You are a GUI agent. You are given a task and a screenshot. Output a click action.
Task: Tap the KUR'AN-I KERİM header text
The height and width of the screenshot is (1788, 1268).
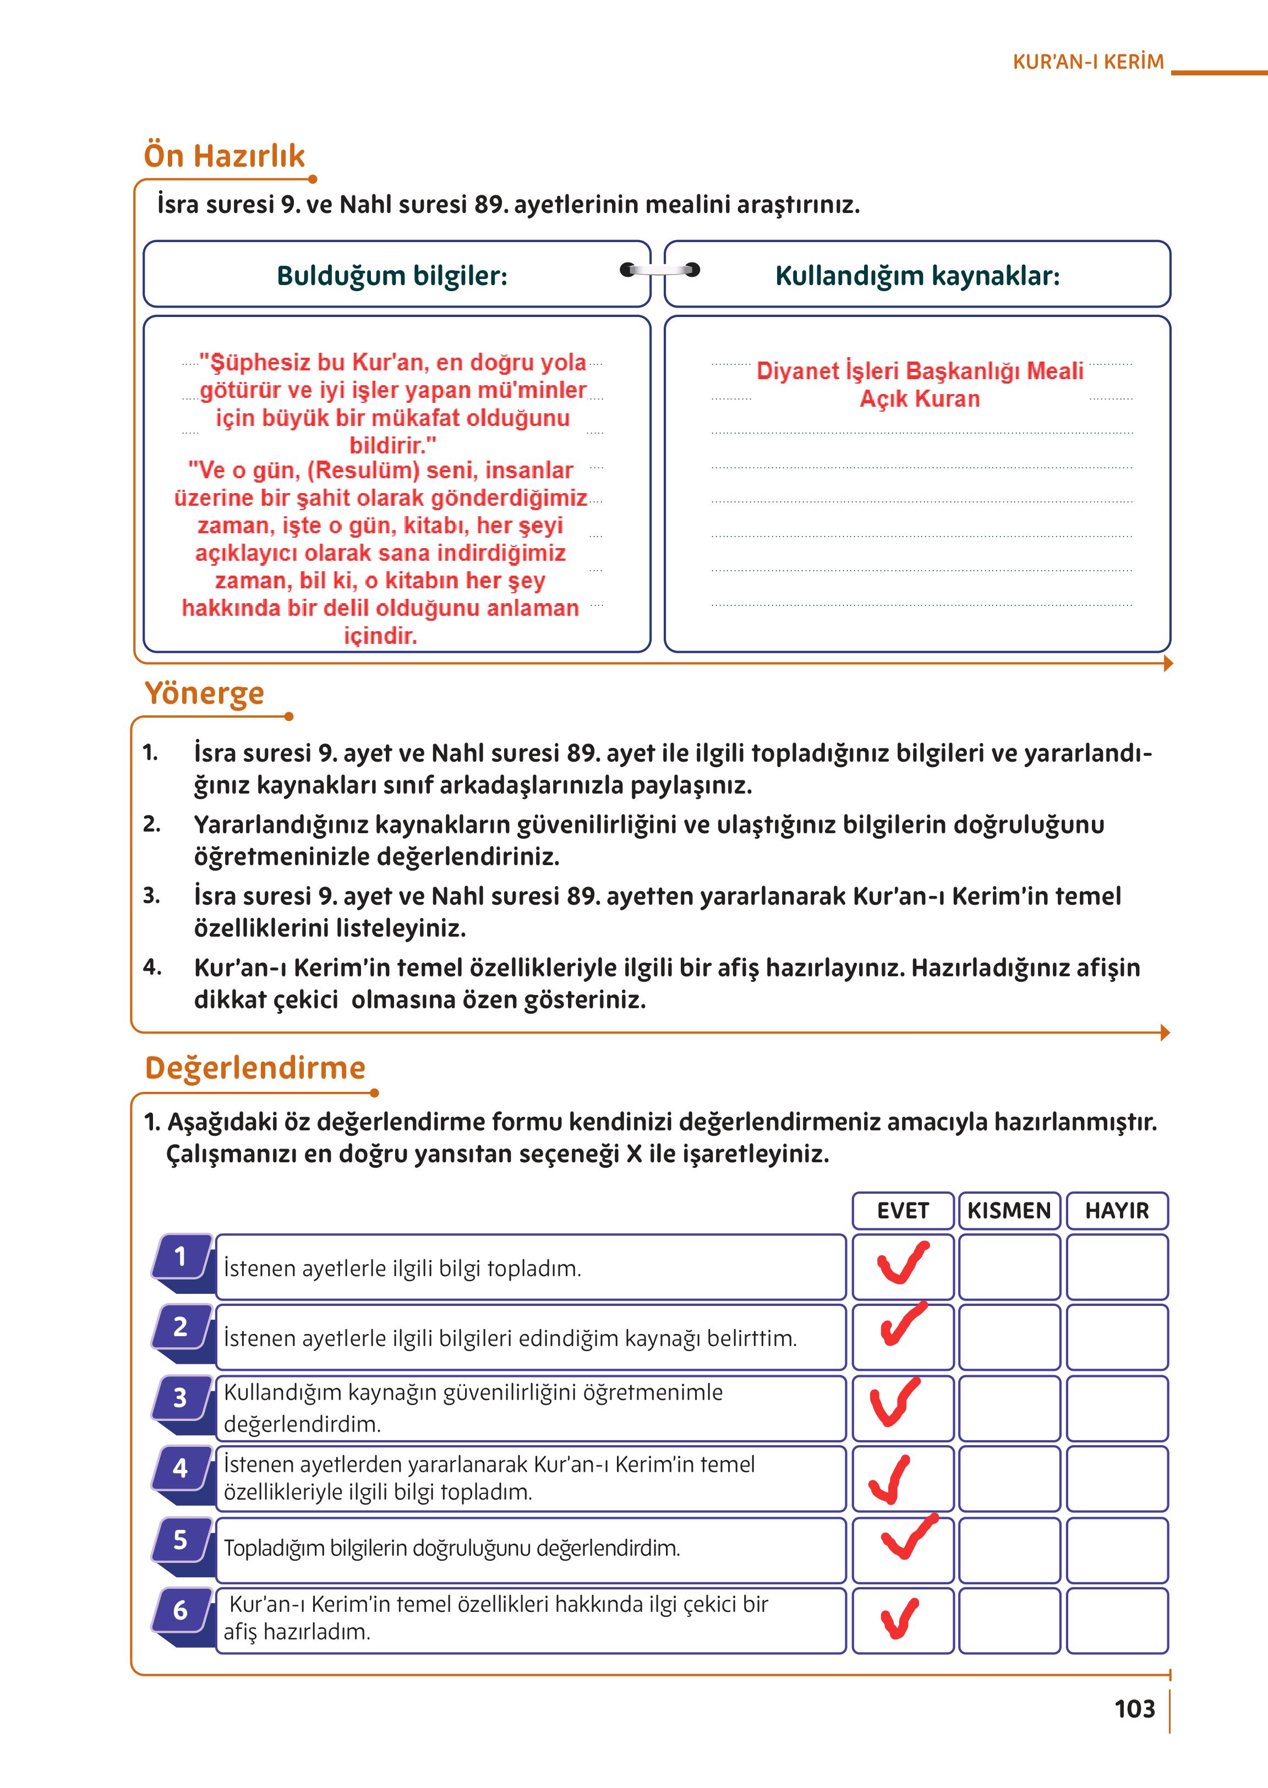[1087, 62]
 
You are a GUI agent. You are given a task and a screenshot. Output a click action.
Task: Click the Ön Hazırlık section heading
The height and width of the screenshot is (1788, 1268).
[224, 155]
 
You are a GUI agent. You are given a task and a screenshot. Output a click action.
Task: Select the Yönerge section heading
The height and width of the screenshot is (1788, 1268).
[205, 692]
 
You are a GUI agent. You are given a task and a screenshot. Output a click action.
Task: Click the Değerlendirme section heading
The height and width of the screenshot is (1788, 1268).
[255, 1067]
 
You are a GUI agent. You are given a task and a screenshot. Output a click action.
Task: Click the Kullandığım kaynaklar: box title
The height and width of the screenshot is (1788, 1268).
[917, 276]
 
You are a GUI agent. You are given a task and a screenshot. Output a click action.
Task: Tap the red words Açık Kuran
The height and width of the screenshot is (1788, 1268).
[919, 399]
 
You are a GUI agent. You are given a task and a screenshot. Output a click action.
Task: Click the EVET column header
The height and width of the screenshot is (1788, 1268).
[903, 1210]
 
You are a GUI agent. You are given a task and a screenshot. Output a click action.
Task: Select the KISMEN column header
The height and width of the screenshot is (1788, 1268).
[1009, 1210]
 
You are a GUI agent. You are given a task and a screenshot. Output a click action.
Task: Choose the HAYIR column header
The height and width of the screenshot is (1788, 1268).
[1117, 1210]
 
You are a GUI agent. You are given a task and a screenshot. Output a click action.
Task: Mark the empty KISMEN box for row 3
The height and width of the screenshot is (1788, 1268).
[1009, 1408]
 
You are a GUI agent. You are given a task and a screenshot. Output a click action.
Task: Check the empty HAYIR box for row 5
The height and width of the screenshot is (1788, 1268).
[1117, 1550]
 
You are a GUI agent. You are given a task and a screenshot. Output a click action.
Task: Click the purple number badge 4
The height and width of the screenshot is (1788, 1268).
[181, 1468]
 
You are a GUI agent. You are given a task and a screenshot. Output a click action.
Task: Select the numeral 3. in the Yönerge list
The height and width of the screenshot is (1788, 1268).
[151, 895]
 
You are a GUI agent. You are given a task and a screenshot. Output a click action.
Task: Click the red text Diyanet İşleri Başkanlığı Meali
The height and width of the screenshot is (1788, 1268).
[919, 371]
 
